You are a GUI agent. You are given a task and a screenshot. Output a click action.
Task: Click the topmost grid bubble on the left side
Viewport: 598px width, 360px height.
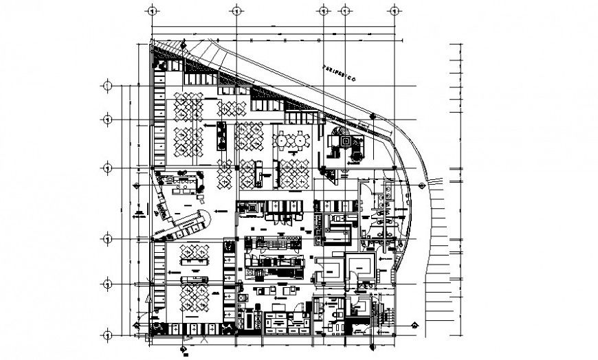coord(107,86)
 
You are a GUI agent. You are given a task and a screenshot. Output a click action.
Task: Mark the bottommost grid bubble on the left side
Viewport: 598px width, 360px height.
coord(107,335)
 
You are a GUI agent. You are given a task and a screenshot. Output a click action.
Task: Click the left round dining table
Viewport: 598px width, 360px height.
coord(282,140)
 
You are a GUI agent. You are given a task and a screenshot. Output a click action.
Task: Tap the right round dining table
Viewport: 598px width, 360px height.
coord(300,140)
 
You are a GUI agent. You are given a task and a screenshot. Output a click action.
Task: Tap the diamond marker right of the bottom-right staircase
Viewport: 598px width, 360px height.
coord(414,326)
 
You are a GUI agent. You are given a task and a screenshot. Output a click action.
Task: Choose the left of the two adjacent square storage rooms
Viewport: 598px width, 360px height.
coord(329,267)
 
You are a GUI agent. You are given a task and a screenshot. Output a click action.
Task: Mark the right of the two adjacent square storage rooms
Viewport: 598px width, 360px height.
coord(359,267)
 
